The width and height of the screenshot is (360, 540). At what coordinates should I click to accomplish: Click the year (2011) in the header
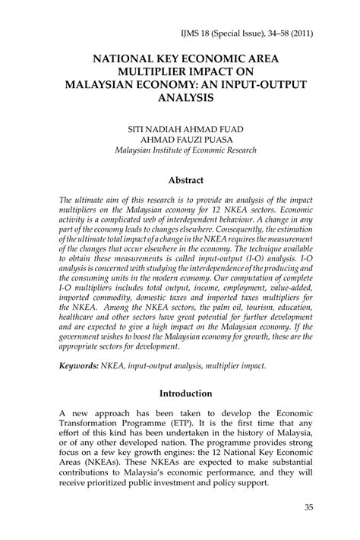(301, 34)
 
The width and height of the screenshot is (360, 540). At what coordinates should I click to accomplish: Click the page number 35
(308, 507)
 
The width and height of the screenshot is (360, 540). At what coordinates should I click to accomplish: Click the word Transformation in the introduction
(99, 426)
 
